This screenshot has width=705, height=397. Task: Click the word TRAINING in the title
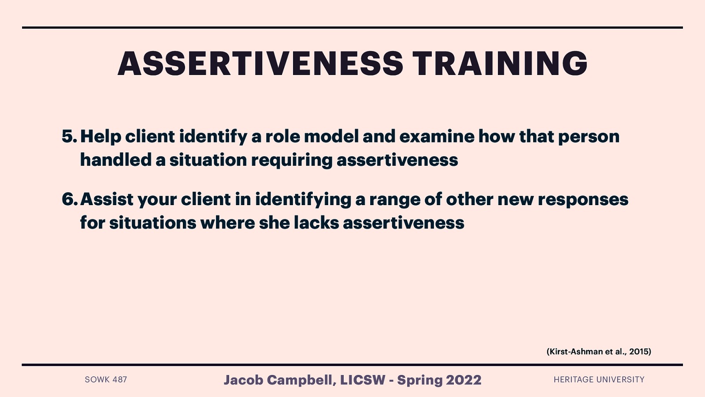[x=500, y=64]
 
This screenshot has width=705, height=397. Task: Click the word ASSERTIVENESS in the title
[x=260, y=64]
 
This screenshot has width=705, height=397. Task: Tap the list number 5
[x=69, y=137]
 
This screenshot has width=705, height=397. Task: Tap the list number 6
[x=69, y=199]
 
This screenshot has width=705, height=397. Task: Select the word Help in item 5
[x=100, y=137]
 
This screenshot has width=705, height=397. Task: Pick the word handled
[x=115, y=160]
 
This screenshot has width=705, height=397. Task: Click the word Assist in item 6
[x=107, y=199]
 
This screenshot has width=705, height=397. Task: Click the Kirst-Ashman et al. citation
[x=598, y=352]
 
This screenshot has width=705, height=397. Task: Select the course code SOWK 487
[x=106, y=379]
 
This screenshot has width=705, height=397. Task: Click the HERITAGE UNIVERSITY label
[x=599, y=379]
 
